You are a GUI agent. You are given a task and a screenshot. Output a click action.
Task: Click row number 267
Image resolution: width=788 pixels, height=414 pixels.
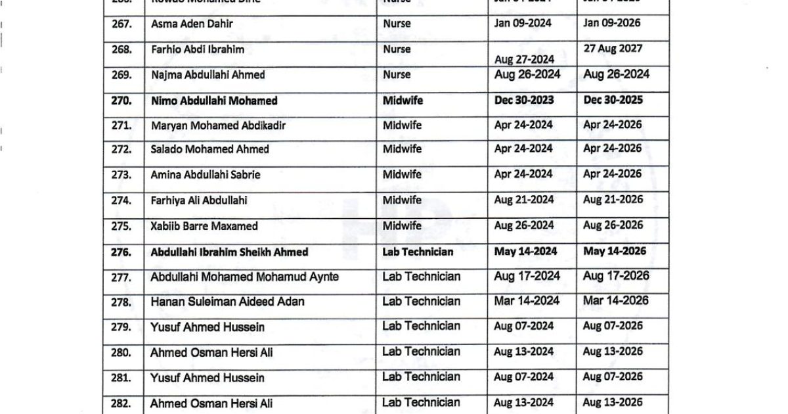point(122,24)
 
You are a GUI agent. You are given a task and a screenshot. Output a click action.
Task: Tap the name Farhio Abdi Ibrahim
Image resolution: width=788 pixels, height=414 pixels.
point(193,49)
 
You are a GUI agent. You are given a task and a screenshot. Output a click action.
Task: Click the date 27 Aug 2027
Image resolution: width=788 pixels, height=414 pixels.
point(613,49)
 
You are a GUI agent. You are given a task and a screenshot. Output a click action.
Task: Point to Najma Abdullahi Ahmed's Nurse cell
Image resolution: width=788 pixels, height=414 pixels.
point(397,75)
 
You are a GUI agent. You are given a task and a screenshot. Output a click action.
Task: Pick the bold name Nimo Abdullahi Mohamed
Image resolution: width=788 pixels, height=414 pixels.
point(214,101)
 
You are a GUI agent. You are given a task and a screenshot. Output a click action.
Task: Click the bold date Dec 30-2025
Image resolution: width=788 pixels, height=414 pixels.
point(613,101)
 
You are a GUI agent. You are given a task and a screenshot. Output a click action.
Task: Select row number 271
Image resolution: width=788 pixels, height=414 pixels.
point(122,126)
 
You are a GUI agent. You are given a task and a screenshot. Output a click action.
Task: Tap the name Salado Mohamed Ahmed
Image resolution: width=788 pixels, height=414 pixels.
point(209,150)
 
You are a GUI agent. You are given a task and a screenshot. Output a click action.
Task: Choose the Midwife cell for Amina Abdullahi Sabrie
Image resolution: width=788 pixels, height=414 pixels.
point(402,174)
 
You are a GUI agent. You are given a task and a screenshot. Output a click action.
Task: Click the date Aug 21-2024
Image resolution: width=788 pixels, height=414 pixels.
point(524,200)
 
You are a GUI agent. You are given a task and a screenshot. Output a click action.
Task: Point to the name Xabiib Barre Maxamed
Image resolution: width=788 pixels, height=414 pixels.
point(204,226)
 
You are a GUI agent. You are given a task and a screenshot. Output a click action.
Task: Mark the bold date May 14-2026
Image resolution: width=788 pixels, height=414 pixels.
point(615,251)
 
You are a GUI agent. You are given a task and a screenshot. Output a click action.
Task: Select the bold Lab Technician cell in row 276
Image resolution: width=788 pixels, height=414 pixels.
point(418,252)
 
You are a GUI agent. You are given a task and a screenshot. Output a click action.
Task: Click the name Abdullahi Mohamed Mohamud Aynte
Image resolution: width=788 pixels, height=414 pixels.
point(244,277)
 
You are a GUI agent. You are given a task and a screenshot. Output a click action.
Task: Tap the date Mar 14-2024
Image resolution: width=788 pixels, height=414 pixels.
point(527,301)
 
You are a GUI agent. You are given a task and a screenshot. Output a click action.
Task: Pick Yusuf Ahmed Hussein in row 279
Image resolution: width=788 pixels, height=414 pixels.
point(208,327)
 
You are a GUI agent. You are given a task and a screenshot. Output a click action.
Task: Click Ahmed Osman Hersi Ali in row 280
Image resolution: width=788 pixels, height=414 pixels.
point(211,353)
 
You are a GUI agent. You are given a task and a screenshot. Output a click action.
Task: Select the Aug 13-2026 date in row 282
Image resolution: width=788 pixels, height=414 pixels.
point(613,402)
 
